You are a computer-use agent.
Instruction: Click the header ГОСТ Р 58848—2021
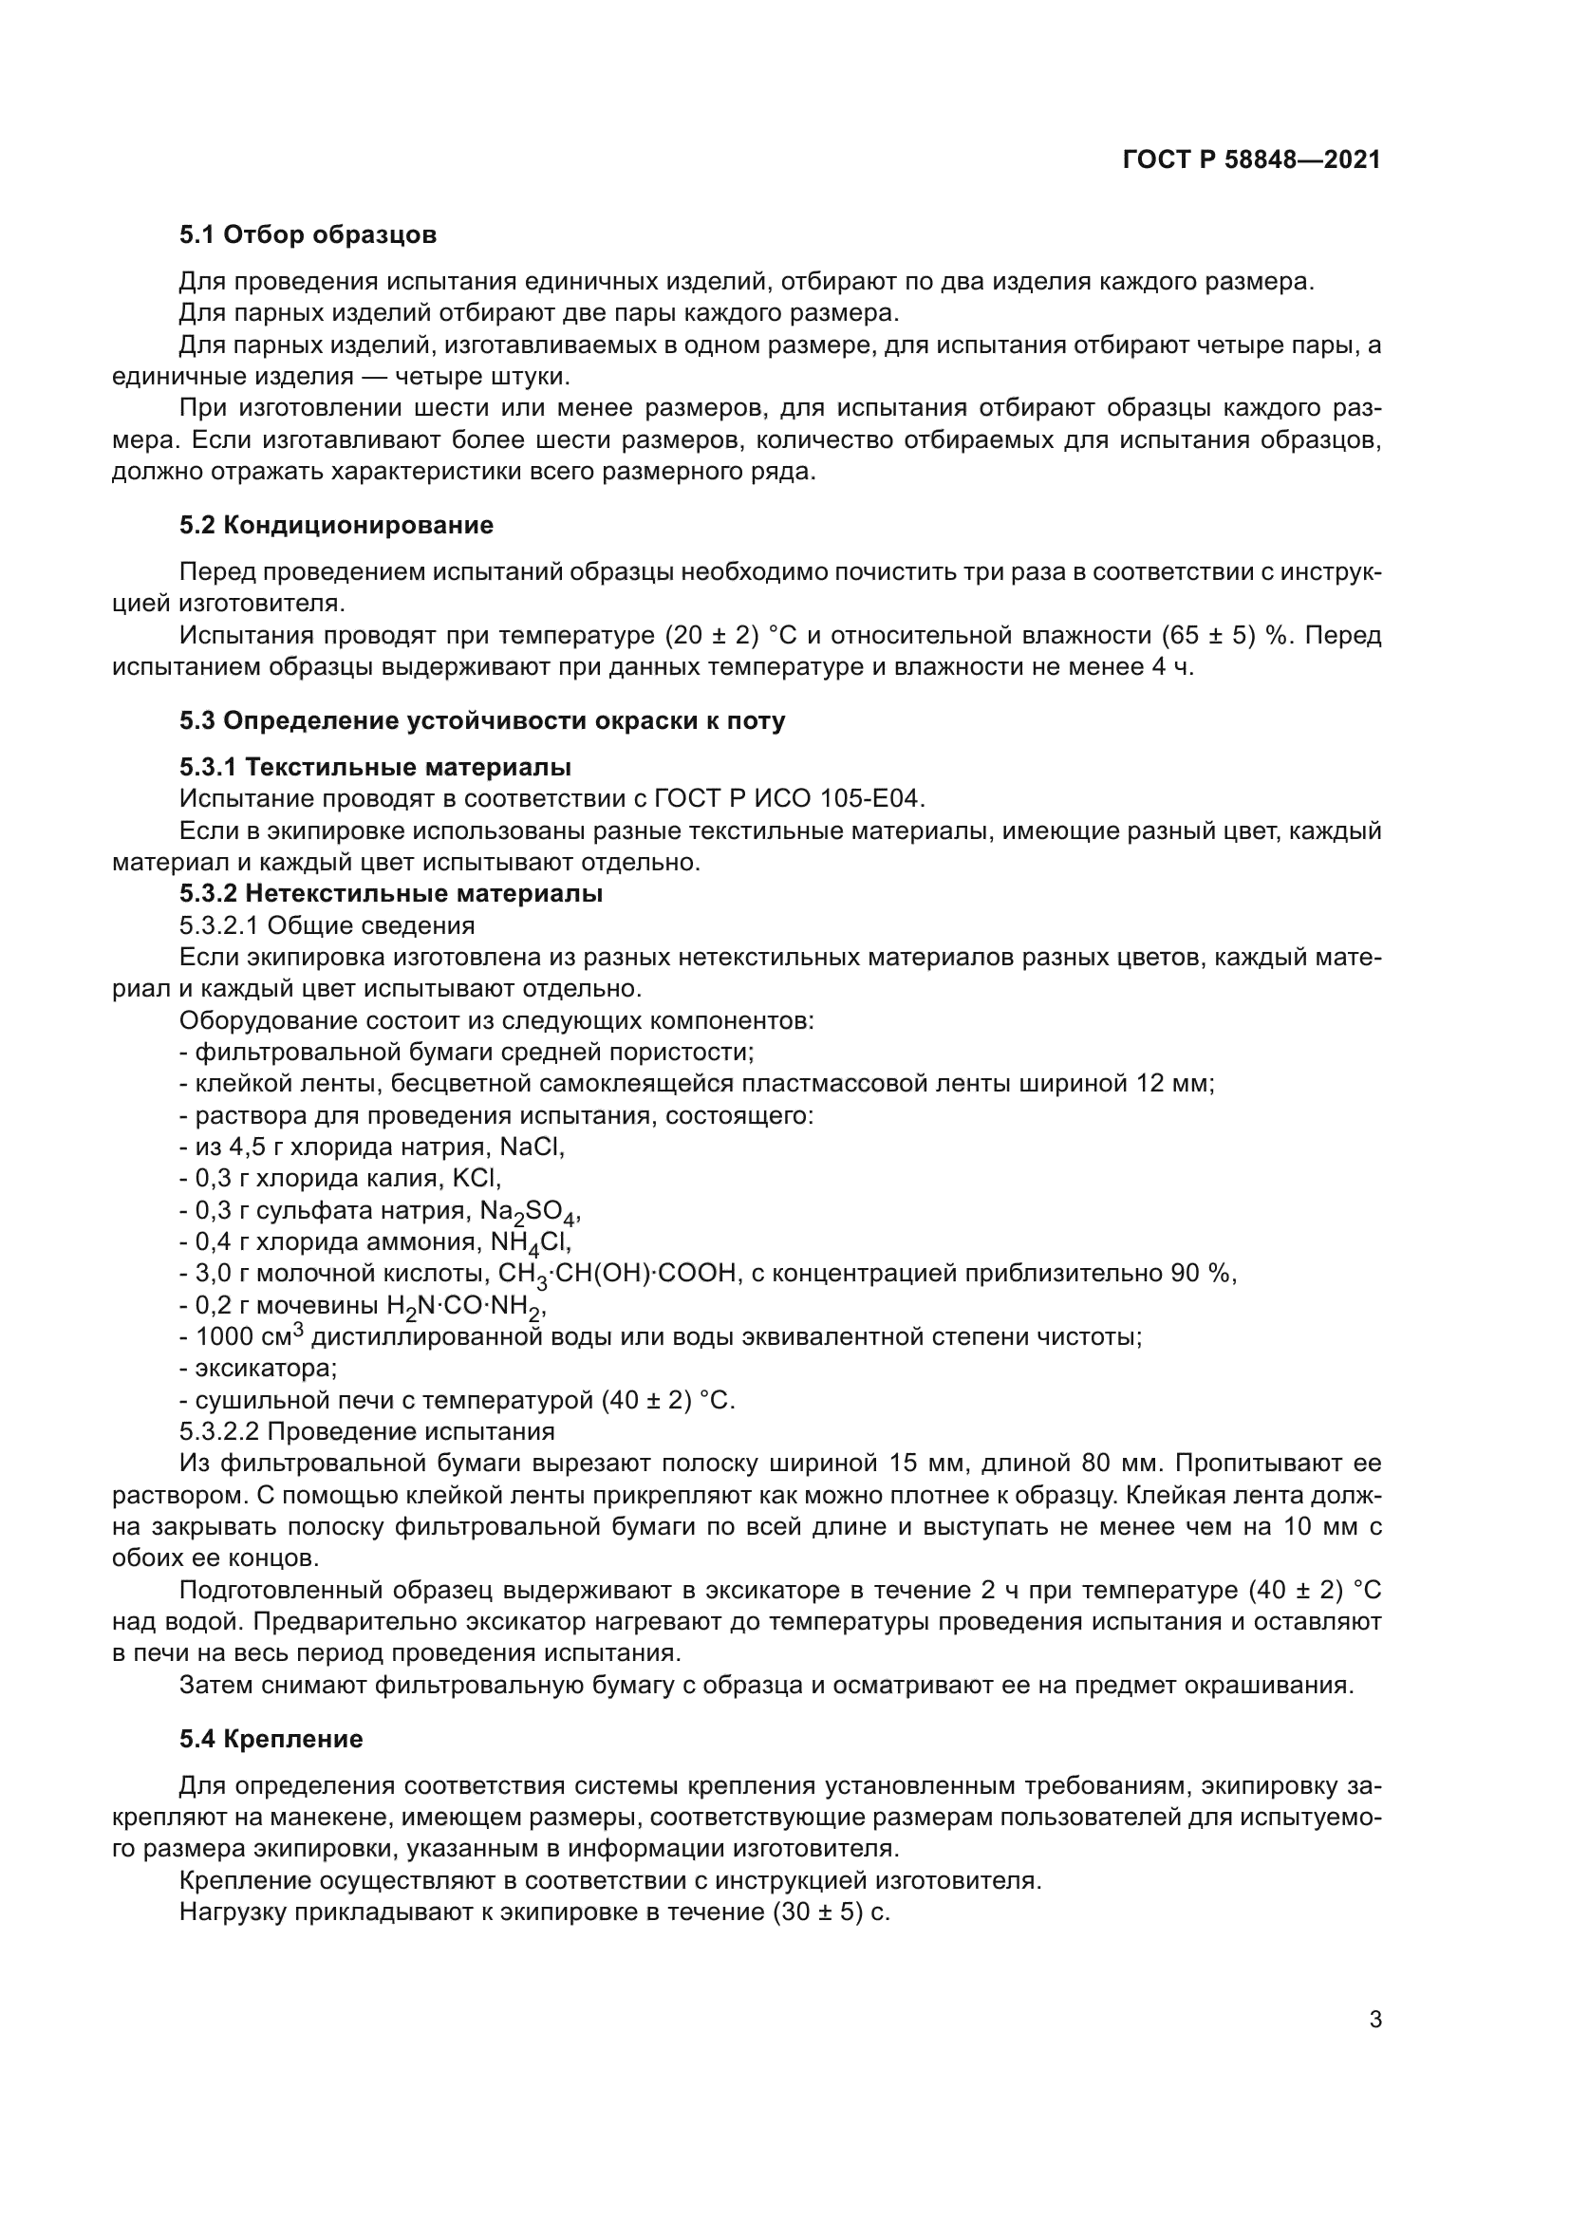[1251, 159]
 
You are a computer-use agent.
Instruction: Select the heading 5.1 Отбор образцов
[308, 235]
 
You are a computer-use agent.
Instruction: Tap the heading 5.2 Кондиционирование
[335, 525]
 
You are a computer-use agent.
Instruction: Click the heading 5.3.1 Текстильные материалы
[375, 767]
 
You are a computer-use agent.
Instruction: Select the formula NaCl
[532, 1147]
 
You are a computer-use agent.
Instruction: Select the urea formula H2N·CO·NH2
[466, 1307]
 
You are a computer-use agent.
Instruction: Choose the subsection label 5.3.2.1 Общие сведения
[327, 925]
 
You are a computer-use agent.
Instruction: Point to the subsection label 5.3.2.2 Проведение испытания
[366, 1431]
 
